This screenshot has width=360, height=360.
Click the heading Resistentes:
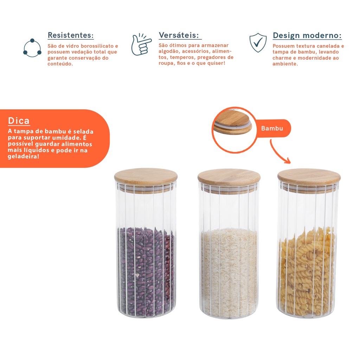[70, 35]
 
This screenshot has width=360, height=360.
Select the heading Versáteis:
[179, 35]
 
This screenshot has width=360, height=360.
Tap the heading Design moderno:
[307, 36]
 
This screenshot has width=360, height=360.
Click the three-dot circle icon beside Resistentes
[32, 48]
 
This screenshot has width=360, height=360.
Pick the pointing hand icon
[141, 44]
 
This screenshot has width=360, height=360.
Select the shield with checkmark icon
[258, 43]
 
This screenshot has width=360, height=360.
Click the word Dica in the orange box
[19, 121]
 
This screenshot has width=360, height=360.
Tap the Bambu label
[272, 128]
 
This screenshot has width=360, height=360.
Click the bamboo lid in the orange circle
[233, 124]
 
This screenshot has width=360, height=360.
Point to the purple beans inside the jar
[146, 271]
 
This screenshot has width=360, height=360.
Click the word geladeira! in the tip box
[24, 156]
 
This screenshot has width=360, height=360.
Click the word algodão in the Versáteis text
[169, 51]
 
